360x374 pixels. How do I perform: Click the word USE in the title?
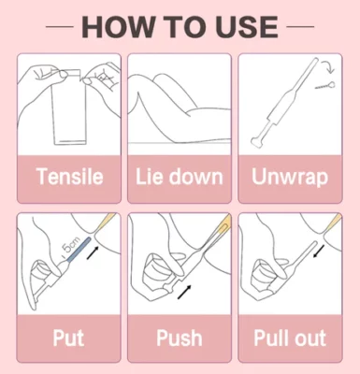click(247, 27)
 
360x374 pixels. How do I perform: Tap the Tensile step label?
click(69, 177)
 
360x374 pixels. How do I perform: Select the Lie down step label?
click(180, 177)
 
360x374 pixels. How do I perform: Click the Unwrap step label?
click(290, 177)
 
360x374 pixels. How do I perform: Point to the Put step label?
click(68, 338)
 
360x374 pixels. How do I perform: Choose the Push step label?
click(180, 338)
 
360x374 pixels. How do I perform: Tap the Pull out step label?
click(290, 338)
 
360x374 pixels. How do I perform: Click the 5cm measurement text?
click(71, 246)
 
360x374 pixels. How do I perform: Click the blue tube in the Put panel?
click(79, 250)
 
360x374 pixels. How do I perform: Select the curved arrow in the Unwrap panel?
click(328, 66)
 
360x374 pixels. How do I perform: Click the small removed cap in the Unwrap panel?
click(325, 85)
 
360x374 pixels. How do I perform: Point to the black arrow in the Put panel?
click(94, 252)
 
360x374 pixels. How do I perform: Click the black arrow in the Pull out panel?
click(319, 252)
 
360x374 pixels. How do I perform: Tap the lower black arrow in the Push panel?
click(184, 292)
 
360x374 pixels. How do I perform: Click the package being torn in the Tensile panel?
click(68, 108)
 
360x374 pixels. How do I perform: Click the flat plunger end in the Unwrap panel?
click(257, 143)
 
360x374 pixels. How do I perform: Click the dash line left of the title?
click(60, 27)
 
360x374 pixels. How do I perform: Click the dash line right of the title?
click(300, 27)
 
